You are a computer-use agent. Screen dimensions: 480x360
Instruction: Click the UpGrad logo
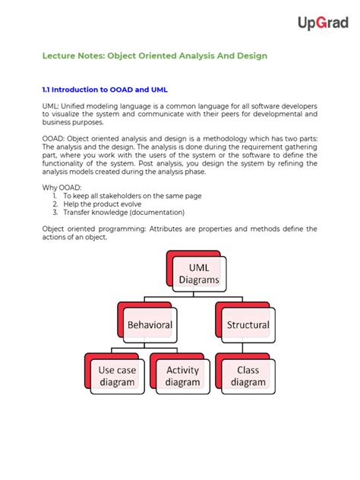[x=324, y=24]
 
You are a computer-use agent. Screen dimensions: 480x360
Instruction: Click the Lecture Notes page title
[x=154, y=56]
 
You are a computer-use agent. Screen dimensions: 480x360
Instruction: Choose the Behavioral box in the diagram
[x=150, y=324]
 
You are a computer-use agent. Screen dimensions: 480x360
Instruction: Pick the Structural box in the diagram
[x=248, y=324]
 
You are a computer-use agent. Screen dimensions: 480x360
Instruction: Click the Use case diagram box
[x=117, y=377]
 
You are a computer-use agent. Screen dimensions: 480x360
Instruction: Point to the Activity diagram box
[x=182, y=377]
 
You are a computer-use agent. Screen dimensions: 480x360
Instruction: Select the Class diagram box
[x=248, y=377]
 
